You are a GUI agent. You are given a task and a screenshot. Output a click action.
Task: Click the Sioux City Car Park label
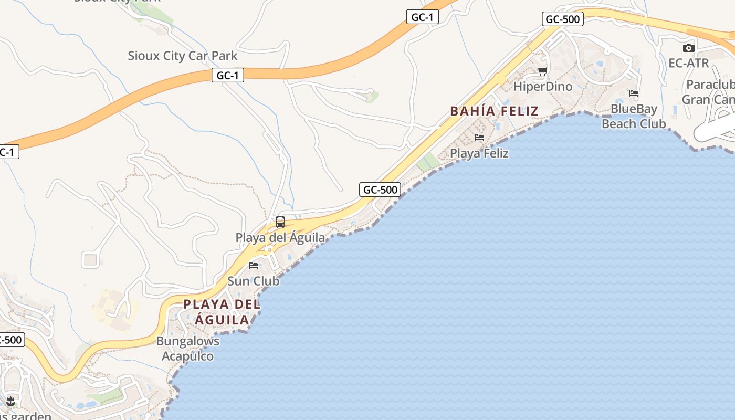[x=182, y=56]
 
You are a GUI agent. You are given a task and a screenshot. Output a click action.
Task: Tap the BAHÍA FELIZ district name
[x=494, y=111]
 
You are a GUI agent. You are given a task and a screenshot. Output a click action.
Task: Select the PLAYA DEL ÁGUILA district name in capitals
[x=222, y=312]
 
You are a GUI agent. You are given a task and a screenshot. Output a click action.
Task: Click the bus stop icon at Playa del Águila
[x=280, y=222]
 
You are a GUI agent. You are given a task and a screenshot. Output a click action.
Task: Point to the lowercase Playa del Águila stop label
[x=280, y=238]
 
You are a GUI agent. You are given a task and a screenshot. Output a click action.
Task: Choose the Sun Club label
[x=254, y=281]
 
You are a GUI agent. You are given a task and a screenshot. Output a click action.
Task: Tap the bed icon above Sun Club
[x=254, y=265]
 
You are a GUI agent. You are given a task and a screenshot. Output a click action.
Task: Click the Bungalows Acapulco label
[x=187, y=349]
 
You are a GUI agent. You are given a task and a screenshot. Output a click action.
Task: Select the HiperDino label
[x=543, y=87]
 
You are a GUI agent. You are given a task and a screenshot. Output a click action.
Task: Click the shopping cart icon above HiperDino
[x=543, y=71]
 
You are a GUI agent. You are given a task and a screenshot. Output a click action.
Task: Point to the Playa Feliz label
[x=479, y=153]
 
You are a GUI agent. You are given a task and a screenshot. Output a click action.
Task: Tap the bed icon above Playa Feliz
[x=479, y=138]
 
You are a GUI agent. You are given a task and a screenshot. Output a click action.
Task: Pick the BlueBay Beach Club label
[x=634, y=117]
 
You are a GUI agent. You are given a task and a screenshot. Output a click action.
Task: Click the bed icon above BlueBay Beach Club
[x=634, y=93]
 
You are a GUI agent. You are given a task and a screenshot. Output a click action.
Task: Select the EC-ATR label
[x=689, y=63]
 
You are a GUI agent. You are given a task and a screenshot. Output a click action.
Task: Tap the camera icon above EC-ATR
[x=689, y=48]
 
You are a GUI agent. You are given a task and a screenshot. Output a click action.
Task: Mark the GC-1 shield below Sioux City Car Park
[x=228, y=76]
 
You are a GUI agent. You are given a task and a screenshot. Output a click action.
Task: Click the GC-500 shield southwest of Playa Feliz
[x=380, y=190]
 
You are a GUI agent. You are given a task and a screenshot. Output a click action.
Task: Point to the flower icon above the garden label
[x=10, y=402]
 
